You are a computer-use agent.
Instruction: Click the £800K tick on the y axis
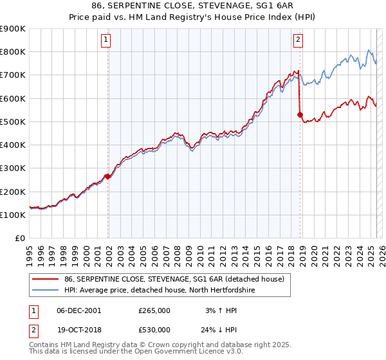pyautogui.click(x=13, y=51)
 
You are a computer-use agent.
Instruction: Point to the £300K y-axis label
pyautogui.click(x=13, y=168)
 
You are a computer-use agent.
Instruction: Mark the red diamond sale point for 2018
pyautogui.click(x=300, y=115)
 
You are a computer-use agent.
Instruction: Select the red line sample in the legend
pyautogui.click(x=45, y=279)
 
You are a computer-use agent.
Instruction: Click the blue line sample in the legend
pyautogui.click(x=45, y=290)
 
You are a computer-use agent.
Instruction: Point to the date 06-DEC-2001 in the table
pyautogui.click(x=79, y=310)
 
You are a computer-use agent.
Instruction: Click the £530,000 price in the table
pyautogui.click(x=154, y=330)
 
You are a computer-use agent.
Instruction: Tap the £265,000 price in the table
pyautogui.click(x=154, y=310)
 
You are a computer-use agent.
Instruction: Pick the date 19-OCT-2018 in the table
pyautogui.click(x=79, y=330)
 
